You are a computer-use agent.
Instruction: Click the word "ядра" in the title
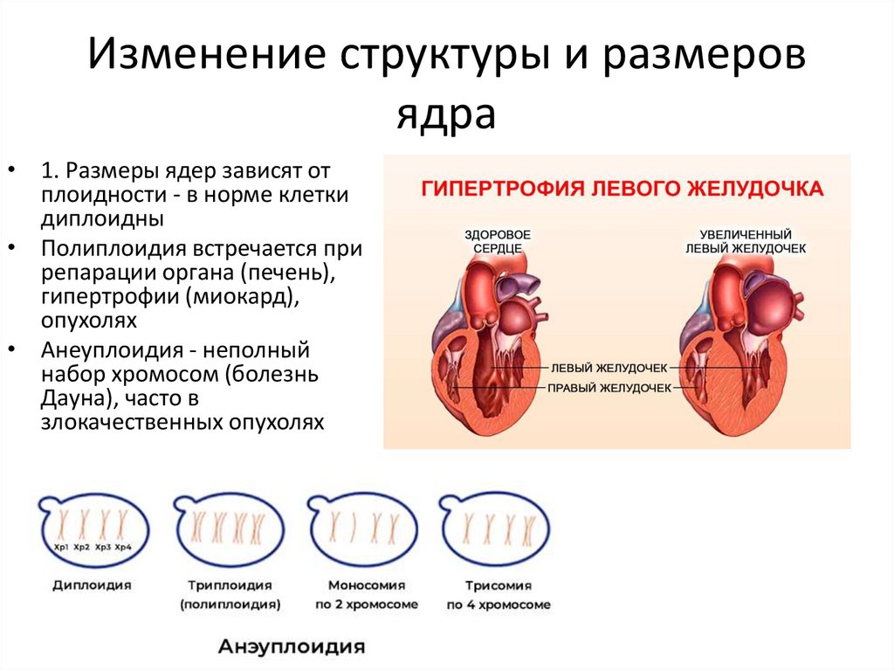tap(446, 114)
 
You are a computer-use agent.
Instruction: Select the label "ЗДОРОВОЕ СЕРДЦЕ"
tap(498, 241)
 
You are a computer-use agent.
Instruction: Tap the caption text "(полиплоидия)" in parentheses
tap(230, 604)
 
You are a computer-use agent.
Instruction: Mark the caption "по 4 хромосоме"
tap(499, 604)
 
